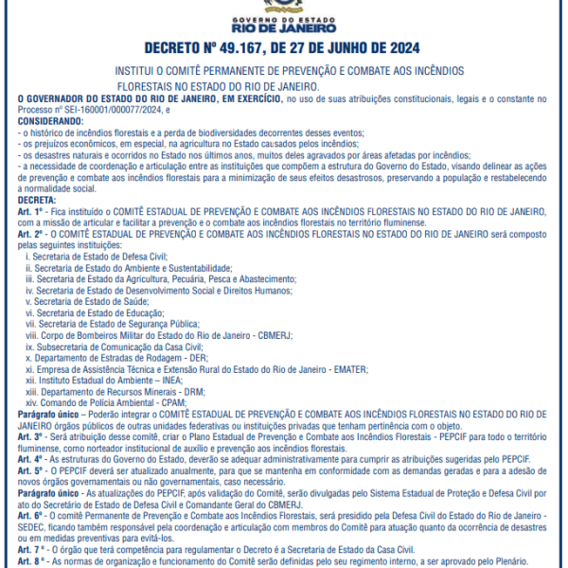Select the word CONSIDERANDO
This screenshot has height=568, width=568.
click(50, 122)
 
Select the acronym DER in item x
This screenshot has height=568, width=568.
click(196, 359)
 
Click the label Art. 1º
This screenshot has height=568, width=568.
click(31, 211)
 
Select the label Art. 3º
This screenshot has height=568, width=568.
click(31, 438)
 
